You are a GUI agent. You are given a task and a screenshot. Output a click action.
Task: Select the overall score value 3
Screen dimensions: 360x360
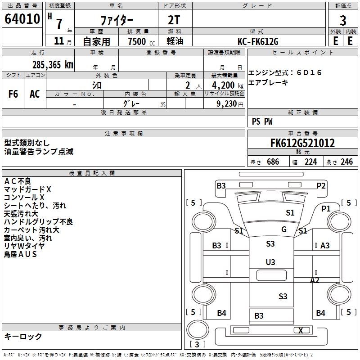[x=343, y=21]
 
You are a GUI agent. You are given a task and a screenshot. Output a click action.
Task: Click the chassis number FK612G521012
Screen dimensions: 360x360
[x=302, y=144]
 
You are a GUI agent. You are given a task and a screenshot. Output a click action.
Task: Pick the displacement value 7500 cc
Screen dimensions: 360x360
[x=137, y=41]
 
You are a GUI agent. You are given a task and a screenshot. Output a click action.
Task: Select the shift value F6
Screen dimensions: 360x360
[x=13, y=94]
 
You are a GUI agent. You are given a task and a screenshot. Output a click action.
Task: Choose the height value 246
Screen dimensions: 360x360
[x=346, y=162]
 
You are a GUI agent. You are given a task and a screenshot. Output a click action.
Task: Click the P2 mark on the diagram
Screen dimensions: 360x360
[x=321, y=185]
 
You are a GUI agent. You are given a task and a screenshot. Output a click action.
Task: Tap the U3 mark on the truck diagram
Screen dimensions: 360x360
[x=270, y=262]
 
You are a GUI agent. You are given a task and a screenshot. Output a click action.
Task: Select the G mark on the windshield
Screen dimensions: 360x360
[x=284, y=229]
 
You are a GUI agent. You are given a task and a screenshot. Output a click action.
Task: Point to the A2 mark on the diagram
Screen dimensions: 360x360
[x=315, y=280]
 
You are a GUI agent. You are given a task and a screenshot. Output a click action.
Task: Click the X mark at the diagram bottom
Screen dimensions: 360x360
[x=301, y=330]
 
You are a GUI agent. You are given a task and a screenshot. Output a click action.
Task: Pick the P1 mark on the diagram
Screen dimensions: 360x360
[x=326, y=208]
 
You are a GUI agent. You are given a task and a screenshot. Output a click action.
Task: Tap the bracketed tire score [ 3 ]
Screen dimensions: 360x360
[x=197, y=345]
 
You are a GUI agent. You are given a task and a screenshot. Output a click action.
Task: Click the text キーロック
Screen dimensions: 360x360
[x=23, y=337]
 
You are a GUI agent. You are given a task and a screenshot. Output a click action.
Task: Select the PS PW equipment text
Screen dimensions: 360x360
[x=262, y=121]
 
